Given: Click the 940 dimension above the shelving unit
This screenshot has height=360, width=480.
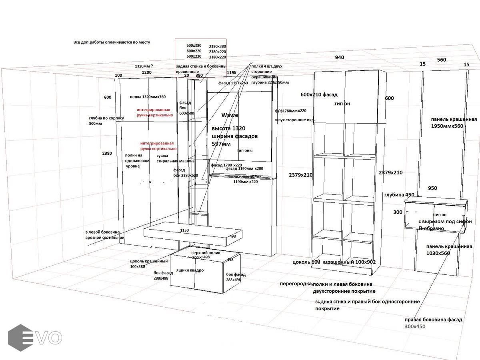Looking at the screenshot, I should click(339, 58).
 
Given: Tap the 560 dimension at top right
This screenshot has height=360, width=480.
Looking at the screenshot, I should click(441, 60).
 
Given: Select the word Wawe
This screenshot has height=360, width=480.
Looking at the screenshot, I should click(230, 115).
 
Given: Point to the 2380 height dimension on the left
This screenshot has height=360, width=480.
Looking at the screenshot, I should click(107, 154).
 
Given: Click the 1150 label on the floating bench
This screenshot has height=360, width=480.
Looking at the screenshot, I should click(184, 230).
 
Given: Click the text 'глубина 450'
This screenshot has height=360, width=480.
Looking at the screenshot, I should click(399, 195).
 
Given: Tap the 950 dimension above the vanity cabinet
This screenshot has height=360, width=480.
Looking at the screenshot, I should click(432, 188).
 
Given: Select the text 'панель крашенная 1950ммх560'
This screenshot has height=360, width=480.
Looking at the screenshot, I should click(454, 123).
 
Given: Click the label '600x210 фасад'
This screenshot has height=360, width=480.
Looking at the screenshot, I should click(319, 95).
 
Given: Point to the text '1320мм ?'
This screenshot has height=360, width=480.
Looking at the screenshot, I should click(144, 66).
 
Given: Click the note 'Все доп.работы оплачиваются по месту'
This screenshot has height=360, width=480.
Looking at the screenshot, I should click(112, 42).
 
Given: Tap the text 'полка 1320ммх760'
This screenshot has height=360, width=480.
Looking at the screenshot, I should click(148, 97).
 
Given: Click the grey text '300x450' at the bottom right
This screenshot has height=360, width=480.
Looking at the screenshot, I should click(415, 327).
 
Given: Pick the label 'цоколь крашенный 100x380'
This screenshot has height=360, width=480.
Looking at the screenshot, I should click(148, 264).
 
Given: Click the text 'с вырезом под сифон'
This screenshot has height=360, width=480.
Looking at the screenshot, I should click(445, 222).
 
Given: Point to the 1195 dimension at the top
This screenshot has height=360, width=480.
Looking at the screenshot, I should click(232, 73).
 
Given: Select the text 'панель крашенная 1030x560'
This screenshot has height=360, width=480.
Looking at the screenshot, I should click(449, 250).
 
